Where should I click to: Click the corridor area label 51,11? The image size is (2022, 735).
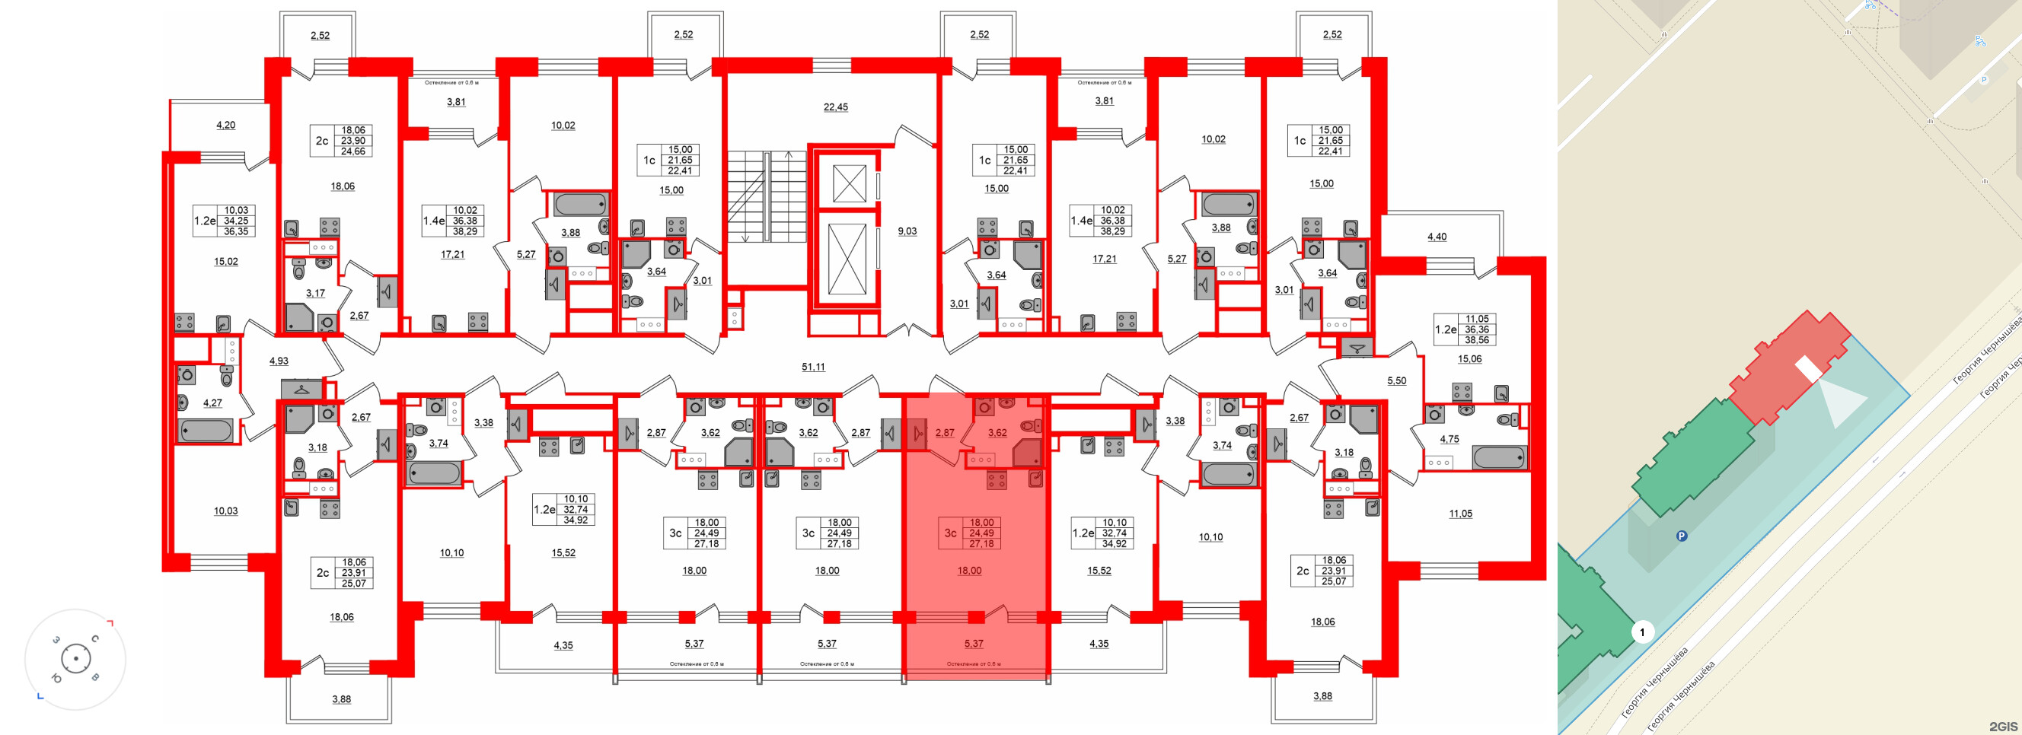[x=812, y=366]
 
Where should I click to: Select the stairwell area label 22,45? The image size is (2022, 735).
[x=835, y=107]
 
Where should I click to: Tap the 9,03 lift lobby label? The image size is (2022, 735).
[x=907, y=231]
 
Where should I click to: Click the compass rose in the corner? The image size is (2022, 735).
[x=75, y=658]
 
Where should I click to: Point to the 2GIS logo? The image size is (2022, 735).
[x=2002, y=726]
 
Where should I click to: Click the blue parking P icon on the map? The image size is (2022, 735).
[x=1682, y=536]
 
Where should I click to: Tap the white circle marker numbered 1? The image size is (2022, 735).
[x=1642, y=632]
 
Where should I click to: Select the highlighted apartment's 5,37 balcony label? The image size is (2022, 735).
[x=974, y=643]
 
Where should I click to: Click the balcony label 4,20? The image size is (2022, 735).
[x=225, y=125]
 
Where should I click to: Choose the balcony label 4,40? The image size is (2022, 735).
[x=1437, y=236]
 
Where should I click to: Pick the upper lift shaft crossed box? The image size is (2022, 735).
[x=849, y=183]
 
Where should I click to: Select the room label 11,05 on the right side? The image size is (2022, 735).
[x=1460, y=513]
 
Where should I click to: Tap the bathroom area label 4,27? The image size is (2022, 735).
[x=212, y=402]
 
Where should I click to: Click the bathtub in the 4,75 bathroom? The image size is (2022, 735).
[x=1499, y=457]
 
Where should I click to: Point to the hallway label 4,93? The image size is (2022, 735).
[x=279, y=361]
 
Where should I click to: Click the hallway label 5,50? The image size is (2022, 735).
[x=1396, y=380]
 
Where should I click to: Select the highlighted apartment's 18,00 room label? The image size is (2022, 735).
[x=968, y=571]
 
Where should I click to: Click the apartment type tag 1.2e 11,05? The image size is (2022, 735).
[x=1465, y=329]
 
